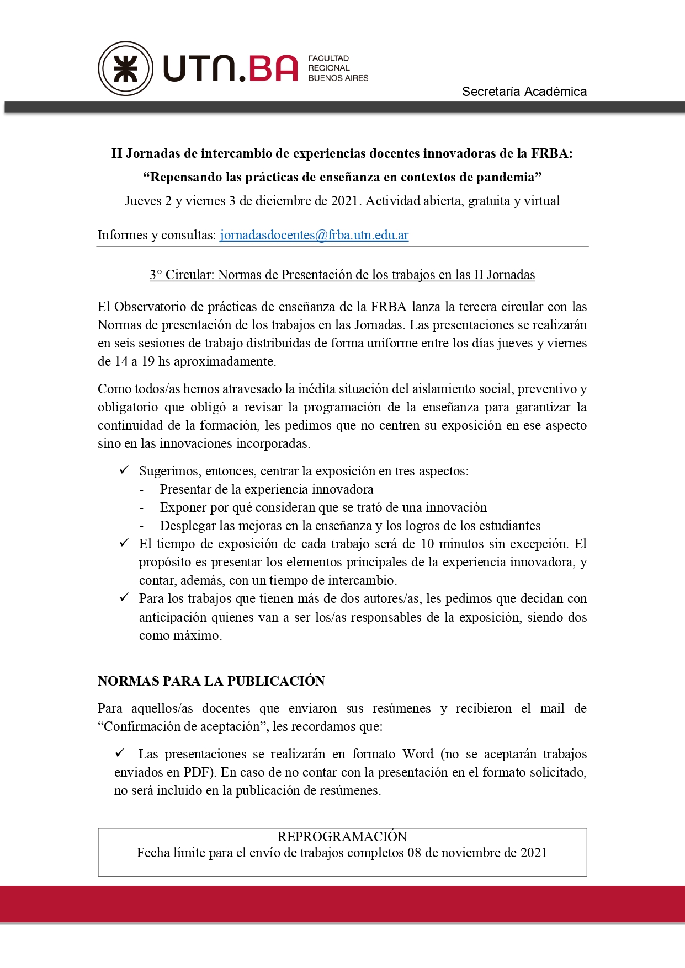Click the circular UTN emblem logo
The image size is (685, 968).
[x=125, y=68]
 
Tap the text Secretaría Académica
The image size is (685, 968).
[x=524, y=92]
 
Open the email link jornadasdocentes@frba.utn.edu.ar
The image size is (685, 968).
[x=314, y=235]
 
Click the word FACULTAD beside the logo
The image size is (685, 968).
[x=328, y=58]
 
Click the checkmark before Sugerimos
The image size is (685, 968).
[x=124, y=470]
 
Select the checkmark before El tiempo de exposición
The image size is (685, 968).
[x=124, y=543]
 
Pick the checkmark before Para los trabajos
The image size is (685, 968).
[x=124, y=597]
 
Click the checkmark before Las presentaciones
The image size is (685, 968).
[x=120, y=753]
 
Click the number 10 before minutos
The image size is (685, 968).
[x=427, y=544]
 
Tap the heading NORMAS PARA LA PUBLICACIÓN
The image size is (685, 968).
[x=211, y=681]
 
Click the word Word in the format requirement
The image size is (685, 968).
[x=418, y=754]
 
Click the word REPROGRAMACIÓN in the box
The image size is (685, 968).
[x=342, y=837]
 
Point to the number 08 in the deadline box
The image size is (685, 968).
[x=414, y=853]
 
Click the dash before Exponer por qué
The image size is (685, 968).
[x=142, y=507]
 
